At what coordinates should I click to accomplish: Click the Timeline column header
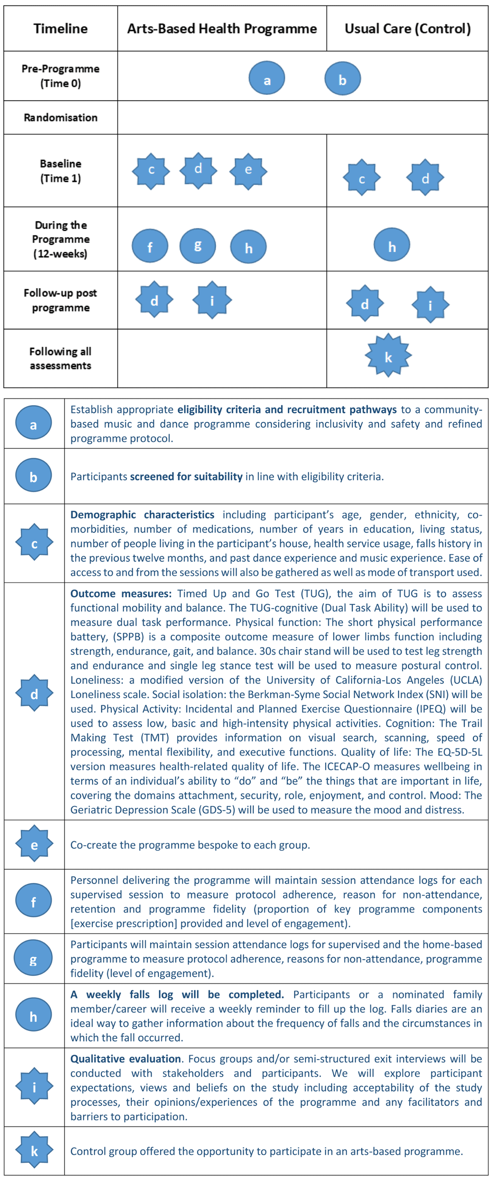click(x=61, y=29)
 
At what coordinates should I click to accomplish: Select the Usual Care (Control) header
click(x=407, y=29)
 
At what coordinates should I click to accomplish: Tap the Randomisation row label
click(x=61, y=118)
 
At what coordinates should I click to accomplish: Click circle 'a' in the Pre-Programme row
click(x=267, y=78)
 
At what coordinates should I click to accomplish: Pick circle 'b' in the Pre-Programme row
click(x=342, y=78)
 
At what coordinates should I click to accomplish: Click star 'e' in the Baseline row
click(x=248, y=171)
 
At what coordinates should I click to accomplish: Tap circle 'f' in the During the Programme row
click(x=150, y=246)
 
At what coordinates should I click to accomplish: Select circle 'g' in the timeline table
click(x=197, y=245)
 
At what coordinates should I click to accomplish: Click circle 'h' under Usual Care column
click(x=392, y=245)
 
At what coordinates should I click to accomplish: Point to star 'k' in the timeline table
click(x=388, y=355)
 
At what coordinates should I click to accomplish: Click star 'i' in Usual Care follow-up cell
click(x=430, y=305)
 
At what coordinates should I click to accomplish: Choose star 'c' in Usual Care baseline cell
click(x=362, y=177)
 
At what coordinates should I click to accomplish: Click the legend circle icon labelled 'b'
click(x=33, y=475)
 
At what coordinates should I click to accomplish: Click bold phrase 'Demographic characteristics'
click(x=142, y=515)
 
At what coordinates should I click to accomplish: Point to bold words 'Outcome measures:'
click(x=121, y=593)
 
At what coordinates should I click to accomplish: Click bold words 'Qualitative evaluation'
click(x=125, y=1059)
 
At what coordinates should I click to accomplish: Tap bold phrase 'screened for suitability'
click(x=186, y=476)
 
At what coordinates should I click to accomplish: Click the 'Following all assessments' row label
click(x=61, y=358)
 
